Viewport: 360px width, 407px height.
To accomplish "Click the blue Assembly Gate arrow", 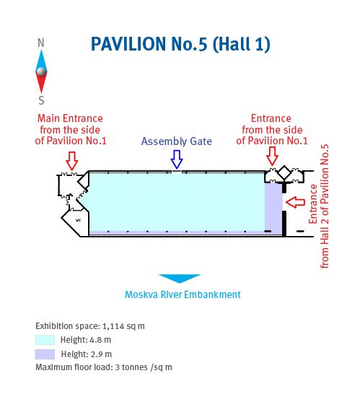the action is tap(177, 159).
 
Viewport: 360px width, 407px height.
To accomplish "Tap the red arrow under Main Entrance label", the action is tap(72, 161).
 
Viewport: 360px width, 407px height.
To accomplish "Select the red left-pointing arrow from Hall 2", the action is tap(295, 202).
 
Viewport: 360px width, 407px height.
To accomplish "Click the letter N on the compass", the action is tap(41, 43).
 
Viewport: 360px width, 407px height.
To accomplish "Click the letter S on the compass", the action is tap(41, 100).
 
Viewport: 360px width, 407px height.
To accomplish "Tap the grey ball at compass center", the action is tap(41, 71).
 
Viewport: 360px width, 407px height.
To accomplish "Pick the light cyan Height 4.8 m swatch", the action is tap(45, 340).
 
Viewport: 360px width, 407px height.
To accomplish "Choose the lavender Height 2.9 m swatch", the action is tap(45, 354).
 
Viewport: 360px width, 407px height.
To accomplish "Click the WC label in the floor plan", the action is tap(78, 220).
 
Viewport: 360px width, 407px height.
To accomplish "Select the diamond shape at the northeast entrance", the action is tap(284, 172).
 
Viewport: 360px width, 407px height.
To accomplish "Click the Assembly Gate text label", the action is tap(177, 141).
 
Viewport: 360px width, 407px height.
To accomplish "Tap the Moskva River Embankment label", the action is tap(183, 294).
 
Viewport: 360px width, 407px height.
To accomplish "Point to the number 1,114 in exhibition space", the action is tap(113, 326).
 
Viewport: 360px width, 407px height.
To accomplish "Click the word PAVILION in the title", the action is tap(128, 44).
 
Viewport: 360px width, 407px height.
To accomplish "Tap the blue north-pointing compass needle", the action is tap(41, 61).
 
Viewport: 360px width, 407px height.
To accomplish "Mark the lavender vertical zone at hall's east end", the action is tap(273, 208).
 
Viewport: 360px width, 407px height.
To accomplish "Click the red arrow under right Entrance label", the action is tap(272, 156).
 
